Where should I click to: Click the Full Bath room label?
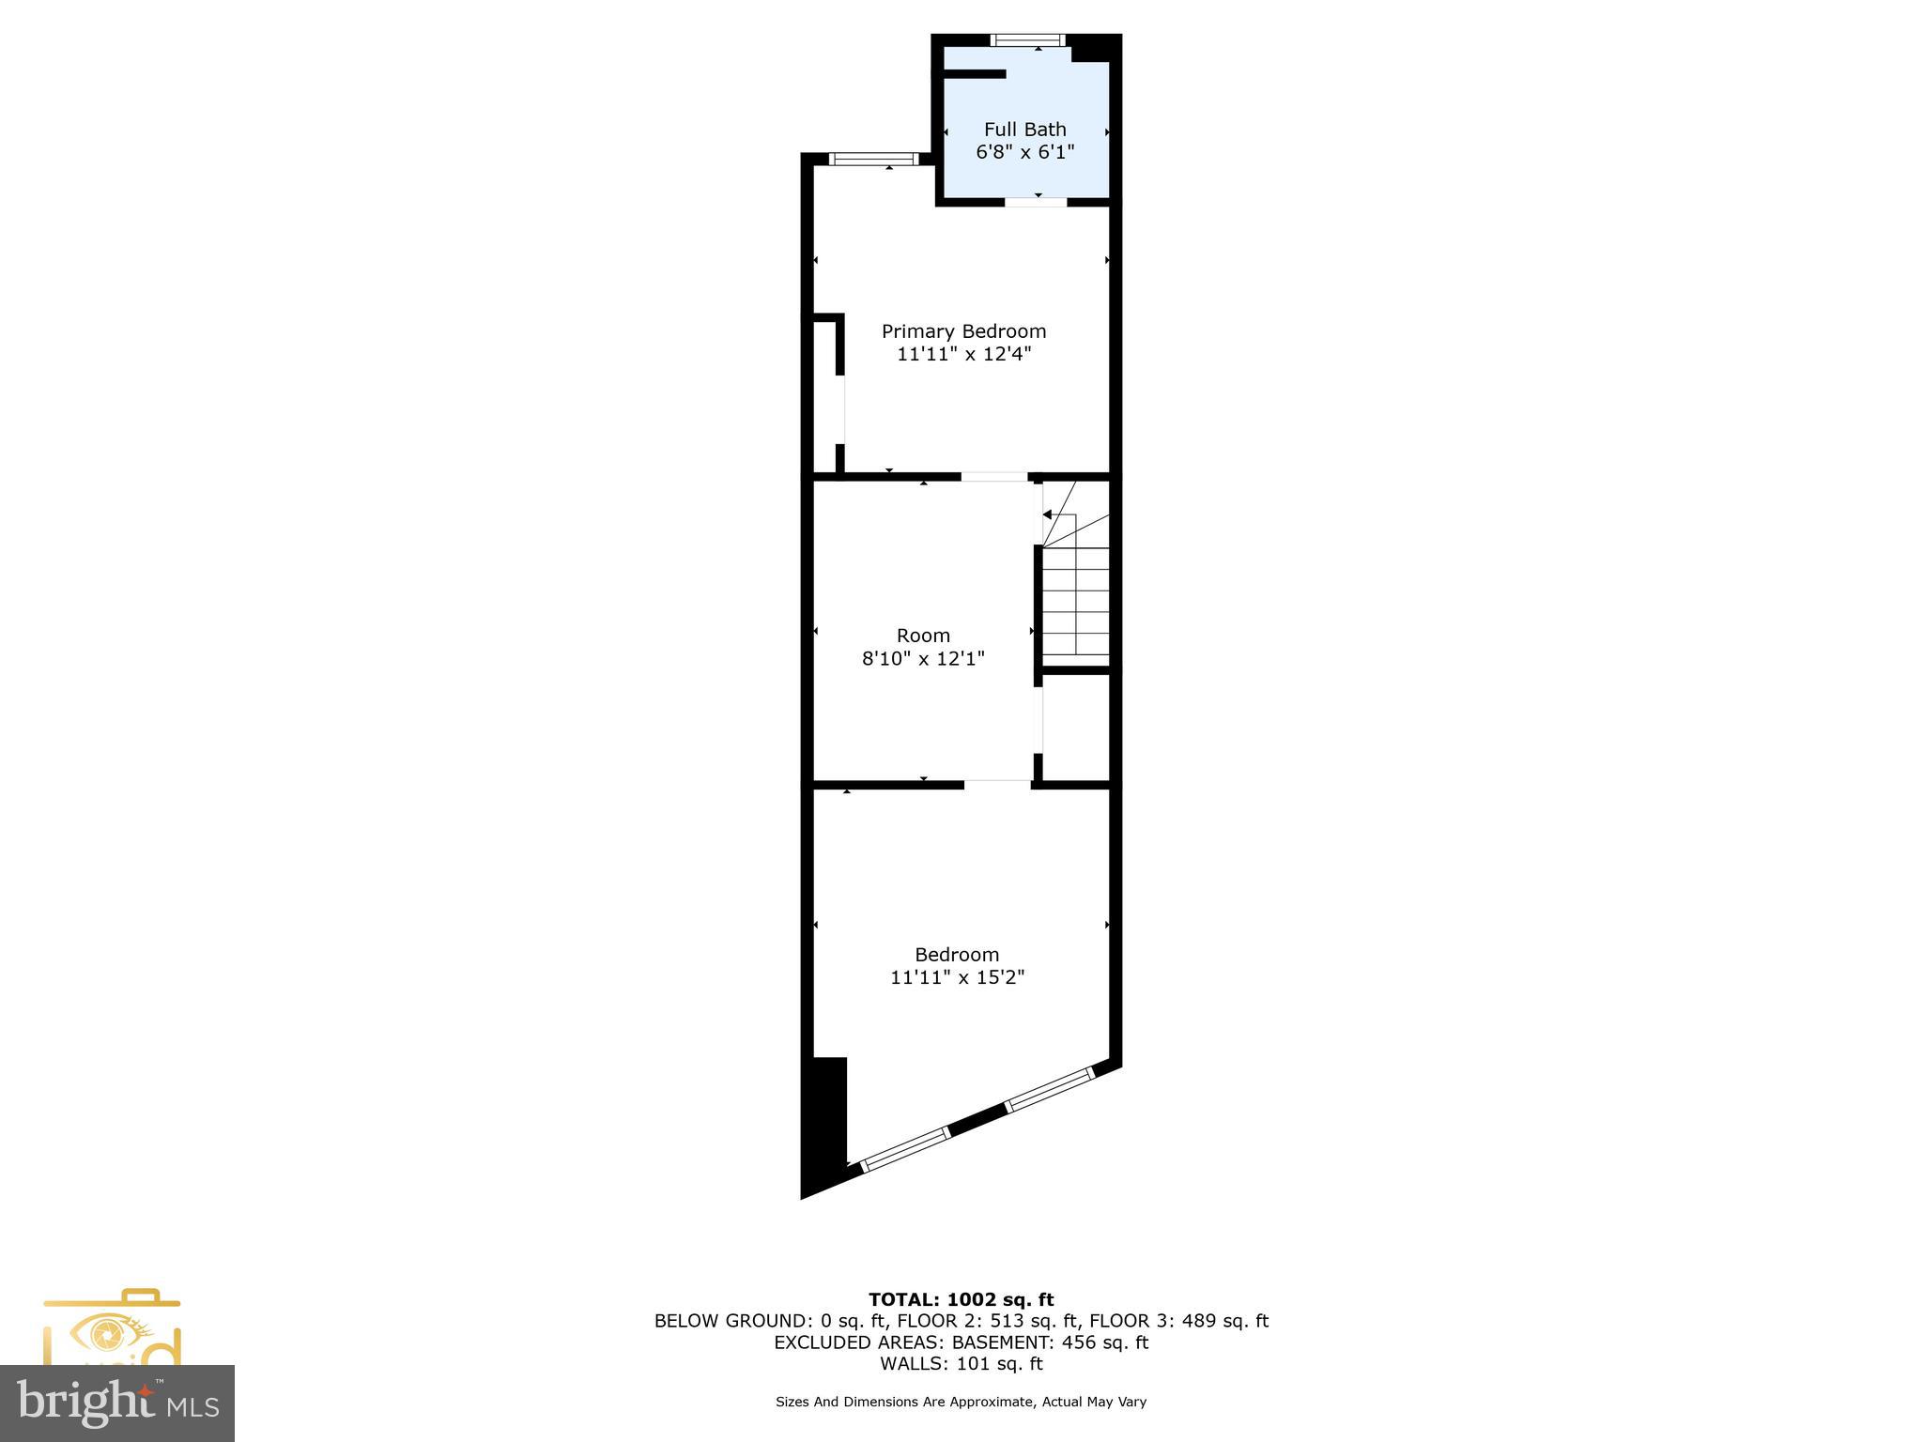click(x=1024, y=130)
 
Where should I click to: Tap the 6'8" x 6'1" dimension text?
click(x=1024, y=152)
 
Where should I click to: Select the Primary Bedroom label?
click(x=963, y=331)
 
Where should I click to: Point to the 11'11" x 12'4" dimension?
click(x=963, y=354)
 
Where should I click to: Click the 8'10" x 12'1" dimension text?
click(x=923, y=658)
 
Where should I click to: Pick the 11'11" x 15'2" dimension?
click(x=957, y=977)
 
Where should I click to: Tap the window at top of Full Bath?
click(x=1028, y=40)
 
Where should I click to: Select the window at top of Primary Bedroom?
click(x=874, y=159)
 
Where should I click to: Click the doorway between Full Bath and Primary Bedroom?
click(x=1036, y=202)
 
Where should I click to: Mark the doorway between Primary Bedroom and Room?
click(x=994, y=477)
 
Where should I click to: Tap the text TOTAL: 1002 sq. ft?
click(x=961, y=1299)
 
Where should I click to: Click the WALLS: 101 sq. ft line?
click(x=961, y=1363)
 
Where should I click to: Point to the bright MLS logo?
click(x=117, y=1404)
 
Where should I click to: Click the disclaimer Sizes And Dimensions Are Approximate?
click(x=961, y=1402)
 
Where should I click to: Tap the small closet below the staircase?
click(x=1076, y=726)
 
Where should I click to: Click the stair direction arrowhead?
click(x=1047, y=514)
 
